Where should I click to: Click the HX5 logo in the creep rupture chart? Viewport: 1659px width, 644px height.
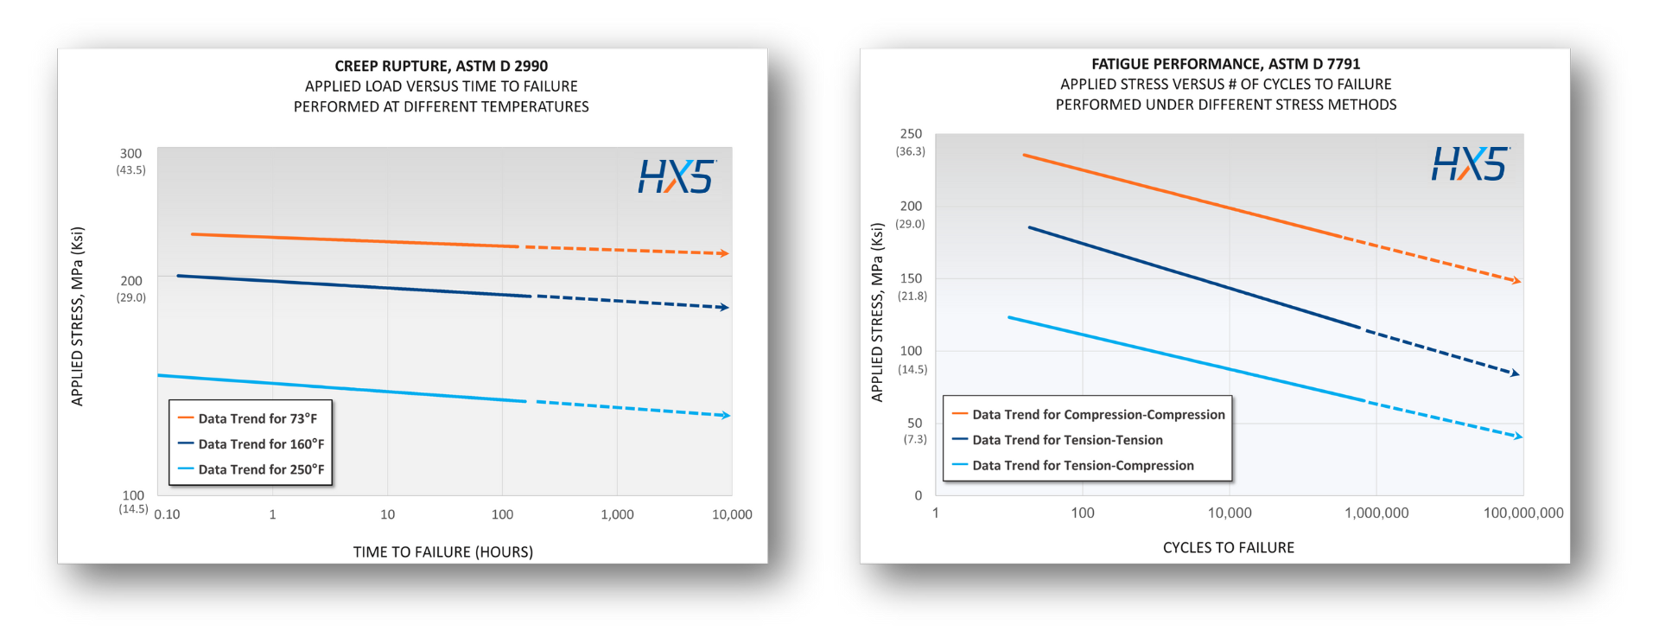(x=677, y=176)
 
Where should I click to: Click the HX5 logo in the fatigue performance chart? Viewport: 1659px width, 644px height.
(x=1470, y=163)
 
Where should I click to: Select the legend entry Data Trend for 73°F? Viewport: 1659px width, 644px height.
(x=257, y=418)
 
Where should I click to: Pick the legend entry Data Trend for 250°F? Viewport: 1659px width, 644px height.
(x=261, y=469)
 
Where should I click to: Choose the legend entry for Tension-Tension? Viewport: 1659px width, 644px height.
(x=1067, y=440)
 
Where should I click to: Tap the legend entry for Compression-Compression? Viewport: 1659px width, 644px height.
(x=1098, y=415)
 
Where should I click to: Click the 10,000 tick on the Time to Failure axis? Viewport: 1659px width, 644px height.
(x=731, y=514)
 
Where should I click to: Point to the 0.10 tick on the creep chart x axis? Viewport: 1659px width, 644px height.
(x=167, y=514)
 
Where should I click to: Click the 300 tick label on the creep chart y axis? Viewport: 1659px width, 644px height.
(x=130, y=154)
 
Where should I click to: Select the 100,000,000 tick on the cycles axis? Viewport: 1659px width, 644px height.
(x=1522, y=513)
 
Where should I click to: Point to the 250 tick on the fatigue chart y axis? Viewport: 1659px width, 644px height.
(x=911, y=134)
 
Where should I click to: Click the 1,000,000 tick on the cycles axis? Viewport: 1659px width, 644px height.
(x=1376, y=513)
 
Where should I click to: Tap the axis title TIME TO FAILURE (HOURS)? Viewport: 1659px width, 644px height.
(x=442, y=552)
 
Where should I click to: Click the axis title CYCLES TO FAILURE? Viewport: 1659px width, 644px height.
(x=1228, y=547)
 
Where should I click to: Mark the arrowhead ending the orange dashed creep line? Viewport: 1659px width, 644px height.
(x=725, y=253)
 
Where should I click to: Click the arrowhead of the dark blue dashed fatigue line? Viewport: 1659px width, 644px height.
(x=1515, y=373)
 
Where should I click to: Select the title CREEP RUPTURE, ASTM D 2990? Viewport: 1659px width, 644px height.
(x=441, y=66)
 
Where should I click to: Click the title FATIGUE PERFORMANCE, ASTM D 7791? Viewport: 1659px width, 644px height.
(x=1225, y=64)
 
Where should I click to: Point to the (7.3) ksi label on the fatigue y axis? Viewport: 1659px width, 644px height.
(x=915, y=439)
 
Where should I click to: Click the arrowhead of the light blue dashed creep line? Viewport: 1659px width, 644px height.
(x=726, y=416)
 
